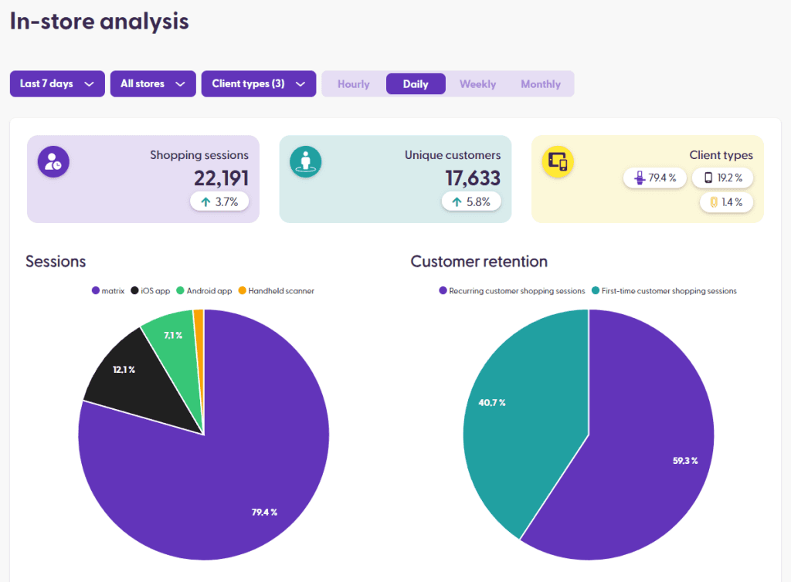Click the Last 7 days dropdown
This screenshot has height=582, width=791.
[57, 84]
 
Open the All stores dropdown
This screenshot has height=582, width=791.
[152, 84]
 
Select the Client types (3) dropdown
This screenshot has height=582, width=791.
[258, 84]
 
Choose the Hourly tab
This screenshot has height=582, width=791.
[354, 84]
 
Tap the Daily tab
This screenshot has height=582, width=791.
[416, 84]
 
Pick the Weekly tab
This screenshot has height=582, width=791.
[477, 84]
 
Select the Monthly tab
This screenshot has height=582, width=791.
[541, 84]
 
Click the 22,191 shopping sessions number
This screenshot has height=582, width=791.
[221, 178]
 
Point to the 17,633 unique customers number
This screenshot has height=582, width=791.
[473, 178]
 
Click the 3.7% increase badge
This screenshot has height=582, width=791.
[219, 202]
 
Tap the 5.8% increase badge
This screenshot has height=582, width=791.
[471, 202]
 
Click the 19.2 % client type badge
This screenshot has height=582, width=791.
[722, 178]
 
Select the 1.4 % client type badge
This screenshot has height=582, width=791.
[727, 202]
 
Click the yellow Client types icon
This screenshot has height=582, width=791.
[558, 161]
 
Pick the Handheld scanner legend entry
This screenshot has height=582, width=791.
[276, 291]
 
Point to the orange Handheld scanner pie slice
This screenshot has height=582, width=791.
[199, 324]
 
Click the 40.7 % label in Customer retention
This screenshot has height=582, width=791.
[491, 403]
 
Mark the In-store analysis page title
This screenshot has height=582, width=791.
[99, 22]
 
